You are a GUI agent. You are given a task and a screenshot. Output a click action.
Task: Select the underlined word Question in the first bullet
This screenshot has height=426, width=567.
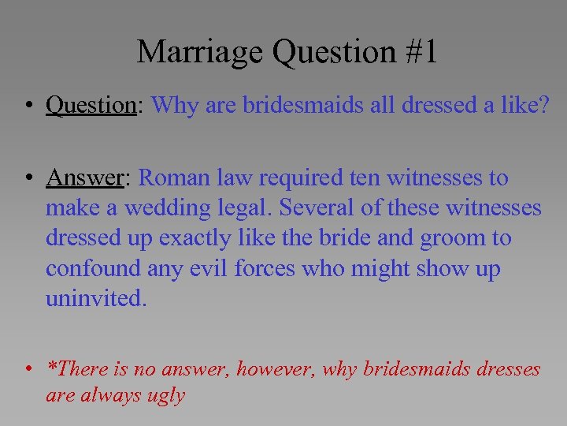pos(91,105)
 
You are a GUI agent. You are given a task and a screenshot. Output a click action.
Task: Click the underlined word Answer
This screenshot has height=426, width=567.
pos(85,178)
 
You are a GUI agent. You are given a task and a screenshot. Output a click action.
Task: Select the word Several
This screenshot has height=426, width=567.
pos(317,208)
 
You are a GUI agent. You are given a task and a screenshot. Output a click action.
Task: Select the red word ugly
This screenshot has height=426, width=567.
pos(166,395)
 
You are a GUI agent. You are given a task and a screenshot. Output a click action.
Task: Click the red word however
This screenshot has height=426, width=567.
pos(276,368)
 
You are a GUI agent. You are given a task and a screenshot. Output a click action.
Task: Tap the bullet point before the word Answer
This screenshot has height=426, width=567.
pos(28,179)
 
